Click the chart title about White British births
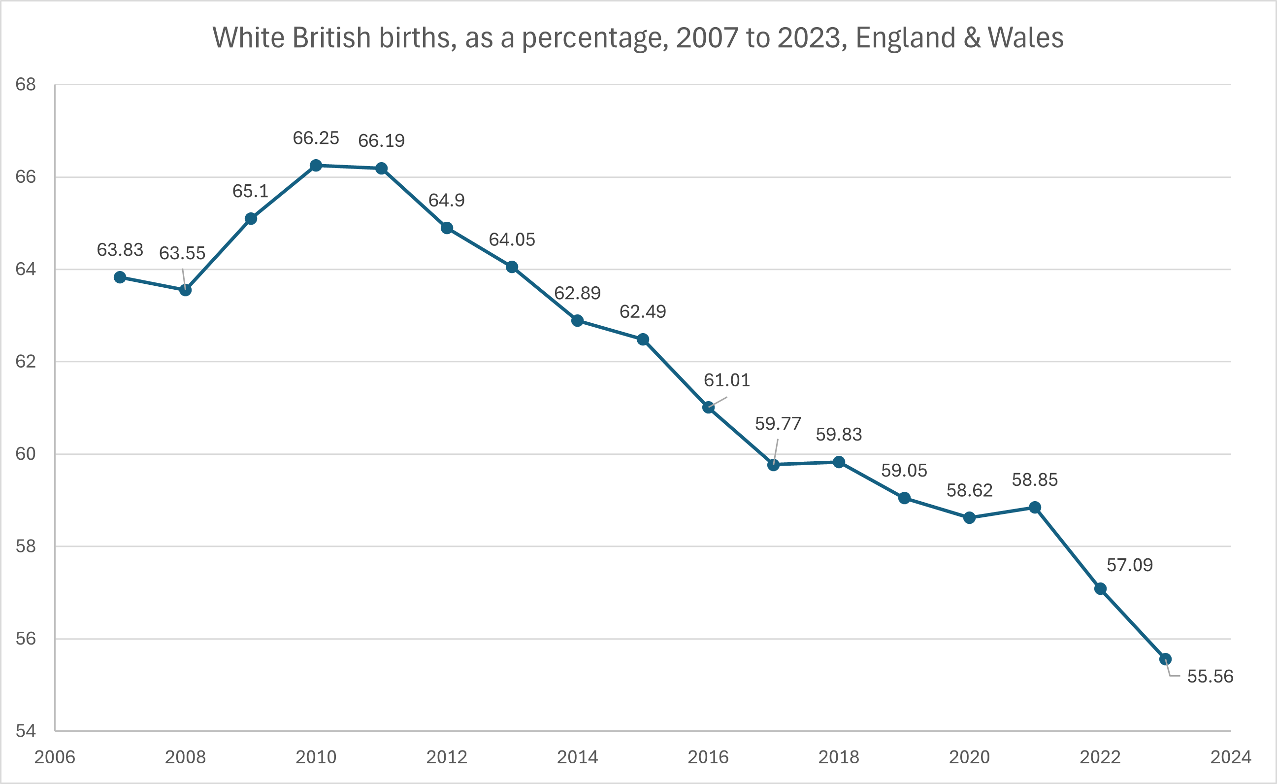[637, 38]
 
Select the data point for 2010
[316, 166]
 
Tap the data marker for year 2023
[1165, 659]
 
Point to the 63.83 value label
[120, 250]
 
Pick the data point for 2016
[708, 407]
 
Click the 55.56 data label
[1210, 676]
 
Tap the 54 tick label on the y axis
[26, 731]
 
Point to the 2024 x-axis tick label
[1230, 757]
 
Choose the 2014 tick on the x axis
[577, 757]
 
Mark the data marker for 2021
[1034, 507]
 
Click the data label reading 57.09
[1129, 565]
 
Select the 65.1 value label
[250, 191]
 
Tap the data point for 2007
[120, 277]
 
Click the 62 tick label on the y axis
[26, 361]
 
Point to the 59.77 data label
[778, 424]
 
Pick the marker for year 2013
[512, 267]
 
